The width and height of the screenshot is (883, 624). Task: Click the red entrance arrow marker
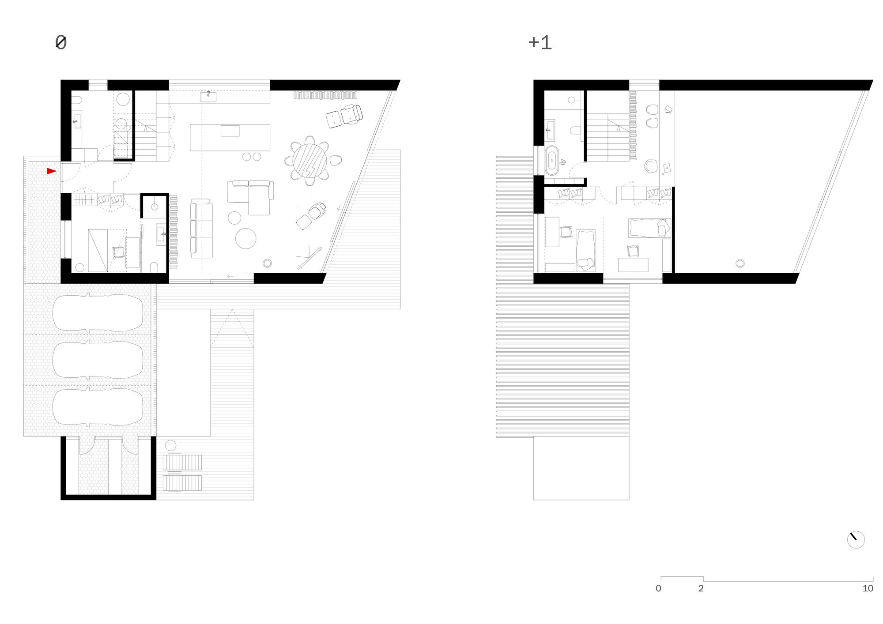pyautogui.click(x=51, y=171)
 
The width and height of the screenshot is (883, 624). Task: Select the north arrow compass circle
pyautogui.click(x=856, y=540)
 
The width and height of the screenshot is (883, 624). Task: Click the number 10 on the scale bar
pyautogui.click(x=868, y=588)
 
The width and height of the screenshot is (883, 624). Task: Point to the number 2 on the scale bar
pyautogui.click(x=701, y=588)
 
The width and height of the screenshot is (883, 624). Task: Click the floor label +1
pyautogui.click(x=540, y=42)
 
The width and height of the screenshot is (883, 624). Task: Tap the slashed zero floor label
pyautogui.click(x=61, y=42)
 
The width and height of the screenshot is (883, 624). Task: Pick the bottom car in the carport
pyautogui.click(x=98, y=406)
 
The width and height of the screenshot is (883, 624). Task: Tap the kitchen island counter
pyautogui.click(x=230, y=137)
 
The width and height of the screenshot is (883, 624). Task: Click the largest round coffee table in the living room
pyautogui.click(x=245, y=238)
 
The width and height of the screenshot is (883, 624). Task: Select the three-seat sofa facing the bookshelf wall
pyautogui.click(x=201, y=229)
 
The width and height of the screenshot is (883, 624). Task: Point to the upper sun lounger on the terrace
pyautogui.click(x=182, y=463)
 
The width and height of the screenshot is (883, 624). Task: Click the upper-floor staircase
pyautogui.click(x=607, y=137)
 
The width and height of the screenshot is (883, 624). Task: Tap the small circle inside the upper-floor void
pyautogui.click(x=740, y=263)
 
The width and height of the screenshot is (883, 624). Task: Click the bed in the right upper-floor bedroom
pyautogui.click(x=649, y=228)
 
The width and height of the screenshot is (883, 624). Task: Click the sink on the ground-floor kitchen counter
pyautogui.click(x=208, y=97)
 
